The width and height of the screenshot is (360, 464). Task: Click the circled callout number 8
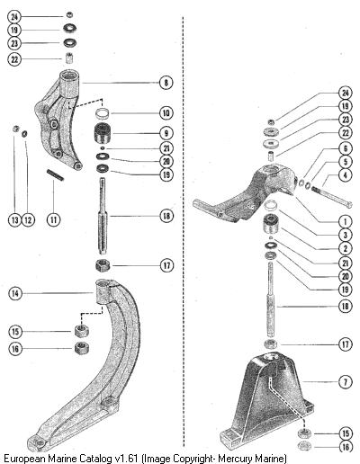[x=166, y=82]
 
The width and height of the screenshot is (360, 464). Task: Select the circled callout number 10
[x=166, y=113]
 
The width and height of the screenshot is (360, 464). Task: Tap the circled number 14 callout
[x=15, y=293]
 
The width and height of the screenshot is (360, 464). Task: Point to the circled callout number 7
[x=346, y=382]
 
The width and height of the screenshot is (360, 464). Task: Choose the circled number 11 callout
[x=54, y=219]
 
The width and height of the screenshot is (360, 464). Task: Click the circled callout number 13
[x=14, y=219]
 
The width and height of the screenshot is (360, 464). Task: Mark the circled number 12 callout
[x=28, y=219]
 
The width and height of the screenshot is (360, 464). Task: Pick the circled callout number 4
[x=346, y=174]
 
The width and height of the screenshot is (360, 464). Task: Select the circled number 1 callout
[x=346, y=222]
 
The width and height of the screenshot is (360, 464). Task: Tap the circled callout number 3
[x=346, y=235]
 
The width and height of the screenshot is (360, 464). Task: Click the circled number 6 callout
[x=346, y=148]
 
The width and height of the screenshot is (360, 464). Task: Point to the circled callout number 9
[x=166, y=133]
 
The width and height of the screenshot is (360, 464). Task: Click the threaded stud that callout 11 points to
[x=55, y=175]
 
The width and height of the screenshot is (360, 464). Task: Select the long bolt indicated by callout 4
[x=331, y=197]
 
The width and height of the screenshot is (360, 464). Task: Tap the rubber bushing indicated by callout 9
[x=103, y=133]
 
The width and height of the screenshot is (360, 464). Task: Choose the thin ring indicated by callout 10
[x=103, y=113]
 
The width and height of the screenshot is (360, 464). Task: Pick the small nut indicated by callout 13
[x=15, y=129]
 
